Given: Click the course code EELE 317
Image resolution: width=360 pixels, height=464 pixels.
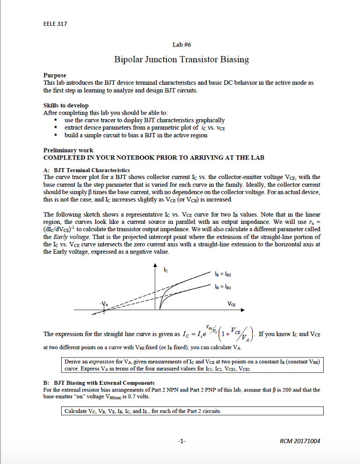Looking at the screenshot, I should click(x=55, y=24).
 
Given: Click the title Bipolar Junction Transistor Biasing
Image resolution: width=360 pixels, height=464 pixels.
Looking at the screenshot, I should click(x=181, y=59).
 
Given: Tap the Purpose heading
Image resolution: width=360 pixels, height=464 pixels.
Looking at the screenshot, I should click(x=54, y=75).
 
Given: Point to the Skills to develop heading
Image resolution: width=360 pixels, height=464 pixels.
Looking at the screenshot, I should click(x=66, y=106).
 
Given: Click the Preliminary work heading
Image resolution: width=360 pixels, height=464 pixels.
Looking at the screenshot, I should click(x=68, y=150).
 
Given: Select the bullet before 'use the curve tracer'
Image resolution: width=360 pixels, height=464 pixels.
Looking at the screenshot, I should click(x=55, y=121).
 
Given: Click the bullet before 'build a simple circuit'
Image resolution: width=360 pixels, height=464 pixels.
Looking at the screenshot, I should click(x=55, y=135).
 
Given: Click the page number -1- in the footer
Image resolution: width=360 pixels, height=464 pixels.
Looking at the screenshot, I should click(x=182, y=441).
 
